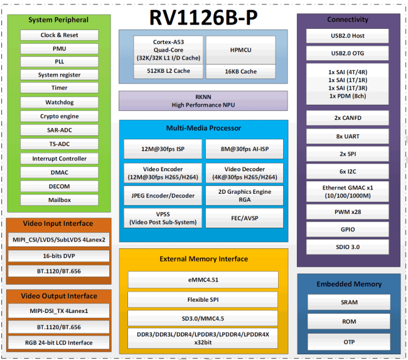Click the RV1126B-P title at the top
point(203,18)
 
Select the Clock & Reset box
point(60,35)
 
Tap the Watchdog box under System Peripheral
point(60,102)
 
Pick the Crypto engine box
point(60,116)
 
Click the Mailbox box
point(60,200)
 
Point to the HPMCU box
point(240,50)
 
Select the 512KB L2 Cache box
point(168,71)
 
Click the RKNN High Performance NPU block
point(203,101)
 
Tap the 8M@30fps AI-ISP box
point(245,149)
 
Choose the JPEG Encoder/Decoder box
point(163,196)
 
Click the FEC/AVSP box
point(245,218)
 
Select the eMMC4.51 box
point(203,280)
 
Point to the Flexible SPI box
point(203,299)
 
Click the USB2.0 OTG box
point(347,53)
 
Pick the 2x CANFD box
point(348,118)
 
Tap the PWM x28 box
point(348,212)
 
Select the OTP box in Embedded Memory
point(349,342)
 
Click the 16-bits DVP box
point(59,256)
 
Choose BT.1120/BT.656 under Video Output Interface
point(59,327)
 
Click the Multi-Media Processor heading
point(203,128)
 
